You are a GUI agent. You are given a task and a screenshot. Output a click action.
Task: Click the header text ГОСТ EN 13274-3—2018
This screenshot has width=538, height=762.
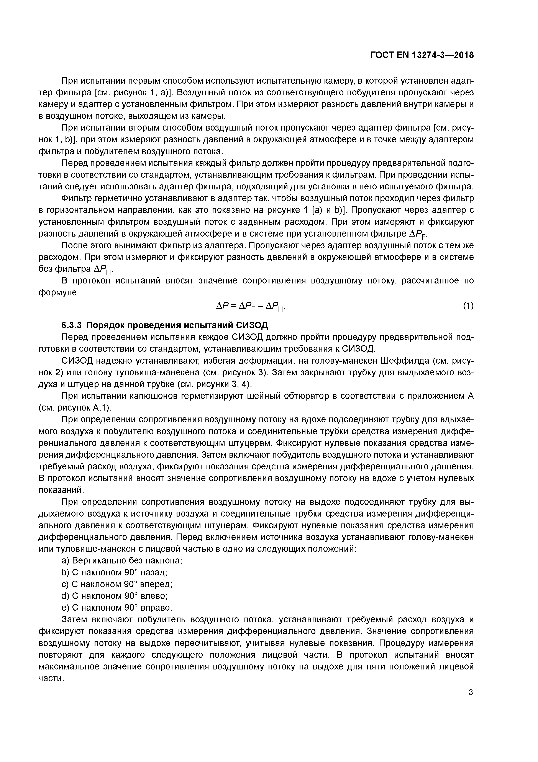point(422,55)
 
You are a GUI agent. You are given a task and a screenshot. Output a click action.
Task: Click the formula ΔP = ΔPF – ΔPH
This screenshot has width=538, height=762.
point(250,307)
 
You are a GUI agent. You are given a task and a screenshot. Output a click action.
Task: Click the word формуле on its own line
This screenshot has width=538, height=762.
point(58,293)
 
